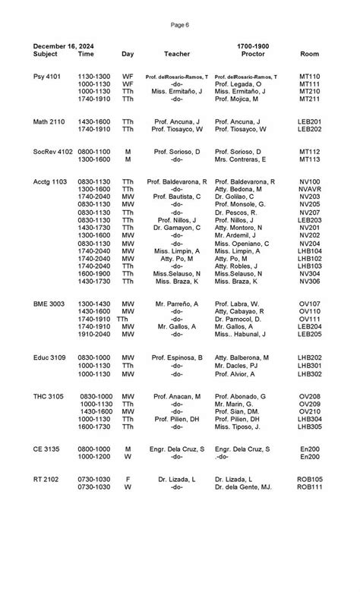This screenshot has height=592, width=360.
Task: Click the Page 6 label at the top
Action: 180,25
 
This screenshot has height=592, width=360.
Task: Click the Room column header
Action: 309,55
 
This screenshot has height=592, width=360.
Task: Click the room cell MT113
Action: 309,159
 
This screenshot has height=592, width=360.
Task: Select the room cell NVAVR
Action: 309,190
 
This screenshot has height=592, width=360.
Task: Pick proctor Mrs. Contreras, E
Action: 246,159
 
